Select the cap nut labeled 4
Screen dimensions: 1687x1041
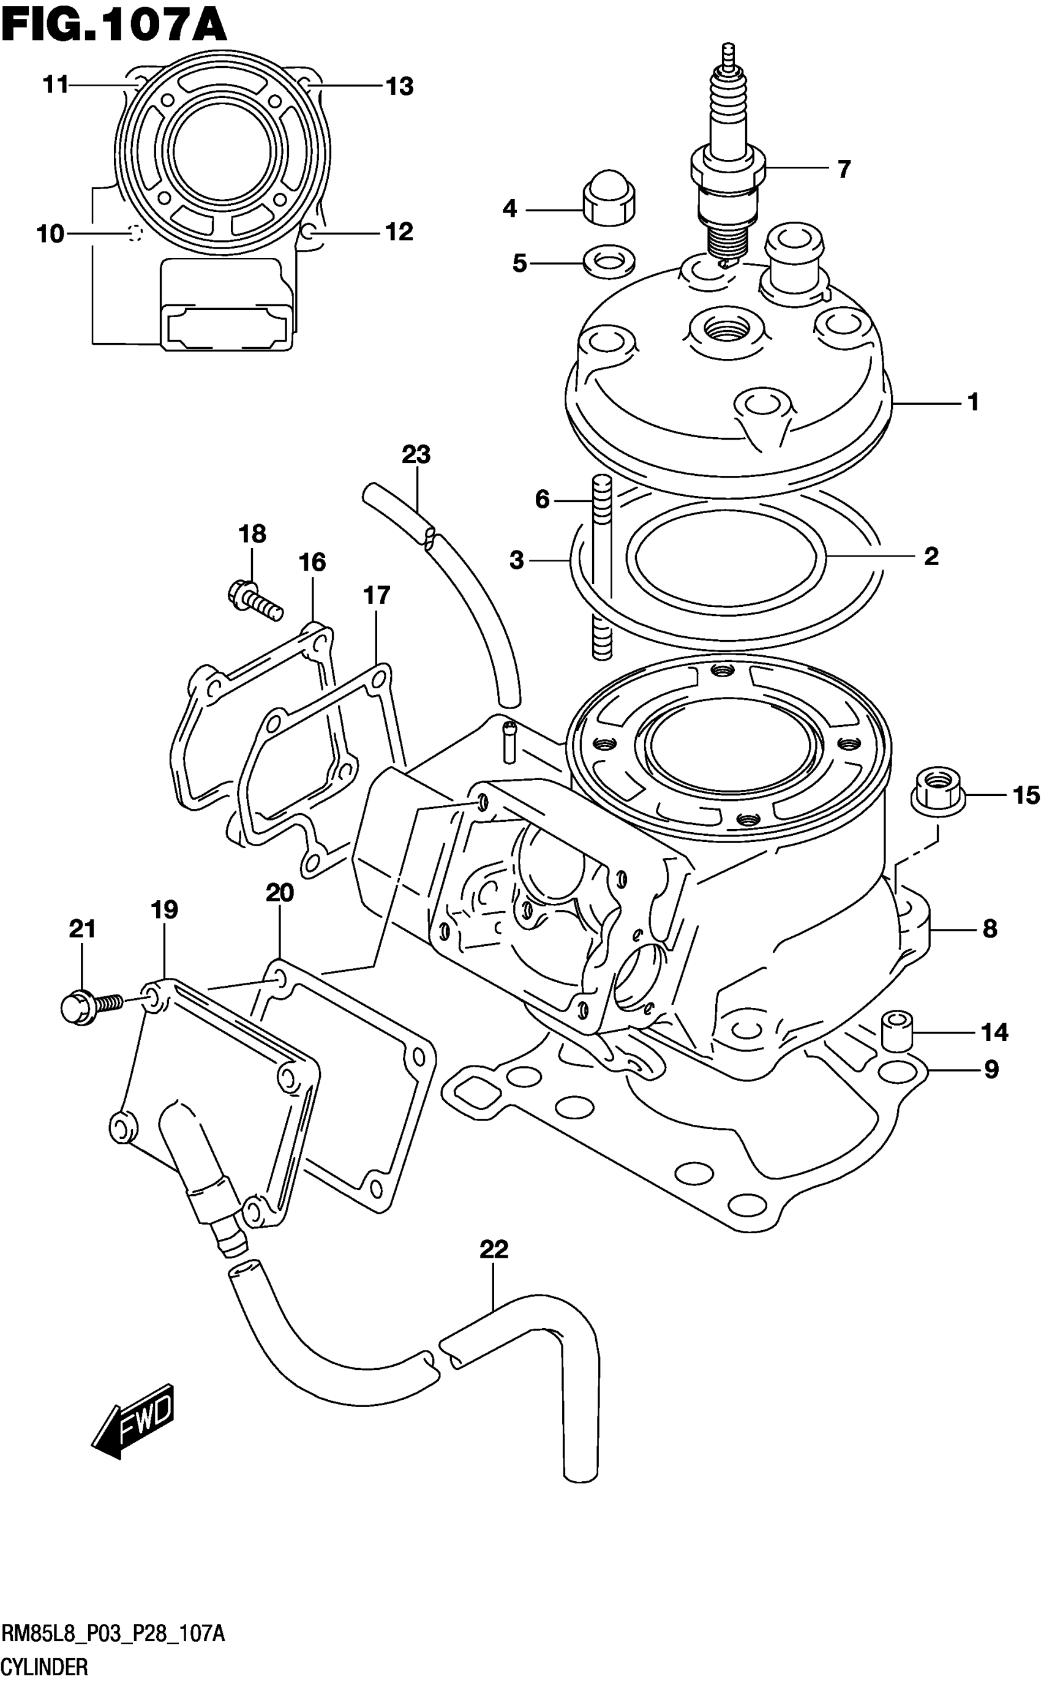609,200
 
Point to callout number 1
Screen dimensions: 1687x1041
973,402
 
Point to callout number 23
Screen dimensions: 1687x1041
416,455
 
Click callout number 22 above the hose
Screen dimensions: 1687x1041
494,1249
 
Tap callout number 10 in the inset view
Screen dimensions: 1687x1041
50,234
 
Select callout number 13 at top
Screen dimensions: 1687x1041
399,87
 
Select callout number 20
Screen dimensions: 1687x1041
279,893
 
